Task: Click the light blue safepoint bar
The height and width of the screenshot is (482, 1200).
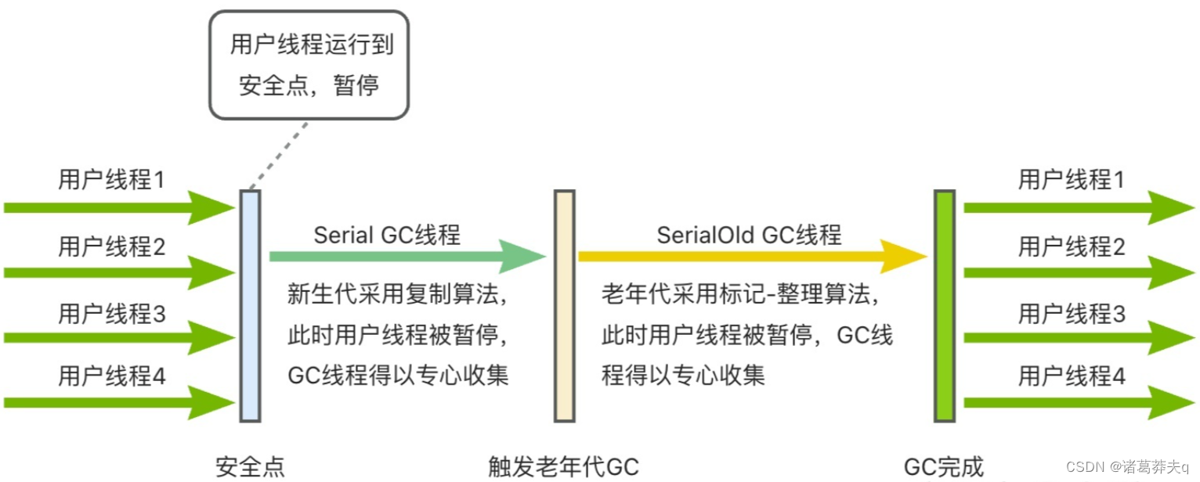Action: pyautogui.click(x=250, y=305)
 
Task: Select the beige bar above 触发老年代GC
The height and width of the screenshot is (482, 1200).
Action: pyautogui.click(x=564, y=305)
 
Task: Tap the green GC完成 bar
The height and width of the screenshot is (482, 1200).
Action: pyautogui.click(x=944, y=305)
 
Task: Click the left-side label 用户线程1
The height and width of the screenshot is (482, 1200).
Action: pyautogui.click(x=112, y=181)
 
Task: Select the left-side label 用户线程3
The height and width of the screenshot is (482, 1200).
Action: pyautogui.click(x=112, y=315)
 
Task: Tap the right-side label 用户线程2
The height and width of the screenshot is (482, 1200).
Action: pyautogui.click(x=1072, y=247)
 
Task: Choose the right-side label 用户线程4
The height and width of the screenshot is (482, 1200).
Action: pyautogui.click(x=1072, y=376)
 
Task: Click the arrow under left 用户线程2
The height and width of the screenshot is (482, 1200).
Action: pyautogui.click(x=117, y=273)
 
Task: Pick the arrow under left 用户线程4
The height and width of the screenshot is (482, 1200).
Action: pyautogui.click(x=117, y=403)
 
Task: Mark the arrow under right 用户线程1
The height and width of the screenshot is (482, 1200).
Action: pyautogui.click(x=1077, y=207)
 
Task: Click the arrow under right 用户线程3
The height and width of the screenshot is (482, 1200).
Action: pyautogui.click(x=1077, y=338)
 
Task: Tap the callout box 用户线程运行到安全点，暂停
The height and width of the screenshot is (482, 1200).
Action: pyautogui.click(x=309, y=64)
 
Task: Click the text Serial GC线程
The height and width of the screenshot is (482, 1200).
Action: pyautogui.click(x=387, y=235)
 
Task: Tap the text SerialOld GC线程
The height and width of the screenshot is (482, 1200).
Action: pyautogui.click(x=749, y=235)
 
